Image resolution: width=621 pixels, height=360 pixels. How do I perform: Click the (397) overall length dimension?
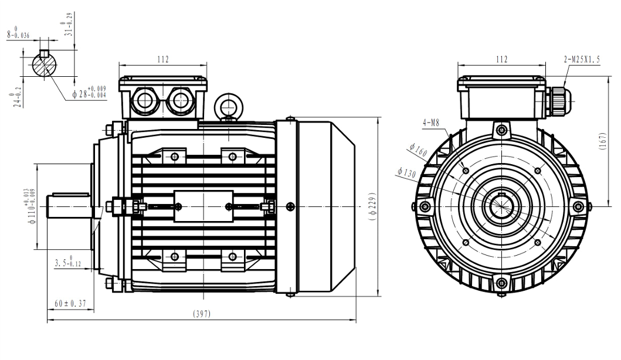click(202, 314)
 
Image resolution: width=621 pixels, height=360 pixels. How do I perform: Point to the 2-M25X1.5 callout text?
click(581, 60)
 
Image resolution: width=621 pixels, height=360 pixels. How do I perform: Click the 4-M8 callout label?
click(430, 123)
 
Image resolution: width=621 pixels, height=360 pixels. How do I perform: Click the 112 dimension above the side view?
click(163, 59)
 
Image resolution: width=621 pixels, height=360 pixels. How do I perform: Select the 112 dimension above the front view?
click(501, 59)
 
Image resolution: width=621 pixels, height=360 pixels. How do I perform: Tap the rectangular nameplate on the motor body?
click(203, 206)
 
